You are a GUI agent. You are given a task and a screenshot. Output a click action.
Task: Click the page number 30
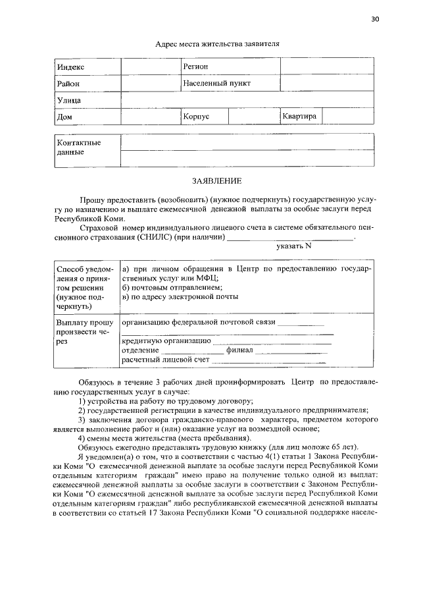[376, 18]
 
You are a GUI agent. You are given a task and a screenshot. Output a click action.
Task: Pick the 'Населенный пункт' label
[216, 84]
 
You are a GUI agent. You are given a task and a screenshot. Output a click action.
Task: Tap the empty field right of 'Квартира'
[349, 117]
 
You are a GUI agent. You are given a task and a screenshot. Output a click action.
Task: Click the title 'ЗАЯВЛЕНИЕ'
[216, 180]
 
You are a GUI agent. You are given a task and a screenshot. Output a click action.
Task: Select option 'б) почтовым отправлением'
[172, 287]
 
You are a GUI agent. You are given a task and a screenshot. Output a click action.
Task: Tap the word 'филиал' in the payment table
[239, 351]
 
